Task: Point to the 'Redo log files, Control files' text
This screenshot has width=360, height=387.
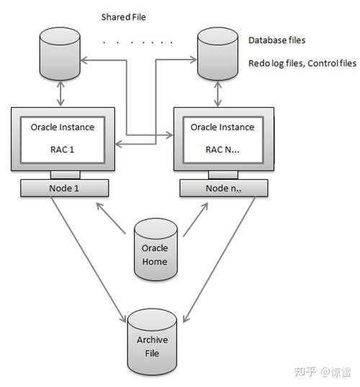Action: point(302,63)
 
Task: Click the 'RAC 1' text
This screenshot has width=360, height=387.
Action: point(62,152)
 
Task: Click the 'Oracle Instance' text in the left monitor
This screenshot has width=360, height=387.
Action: point(62,127)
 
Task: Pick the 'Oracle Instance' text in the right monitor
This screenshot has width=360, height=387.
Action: point(222,127)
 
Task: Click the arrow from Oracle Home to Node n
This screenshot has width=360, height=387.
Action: point(195,219)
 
